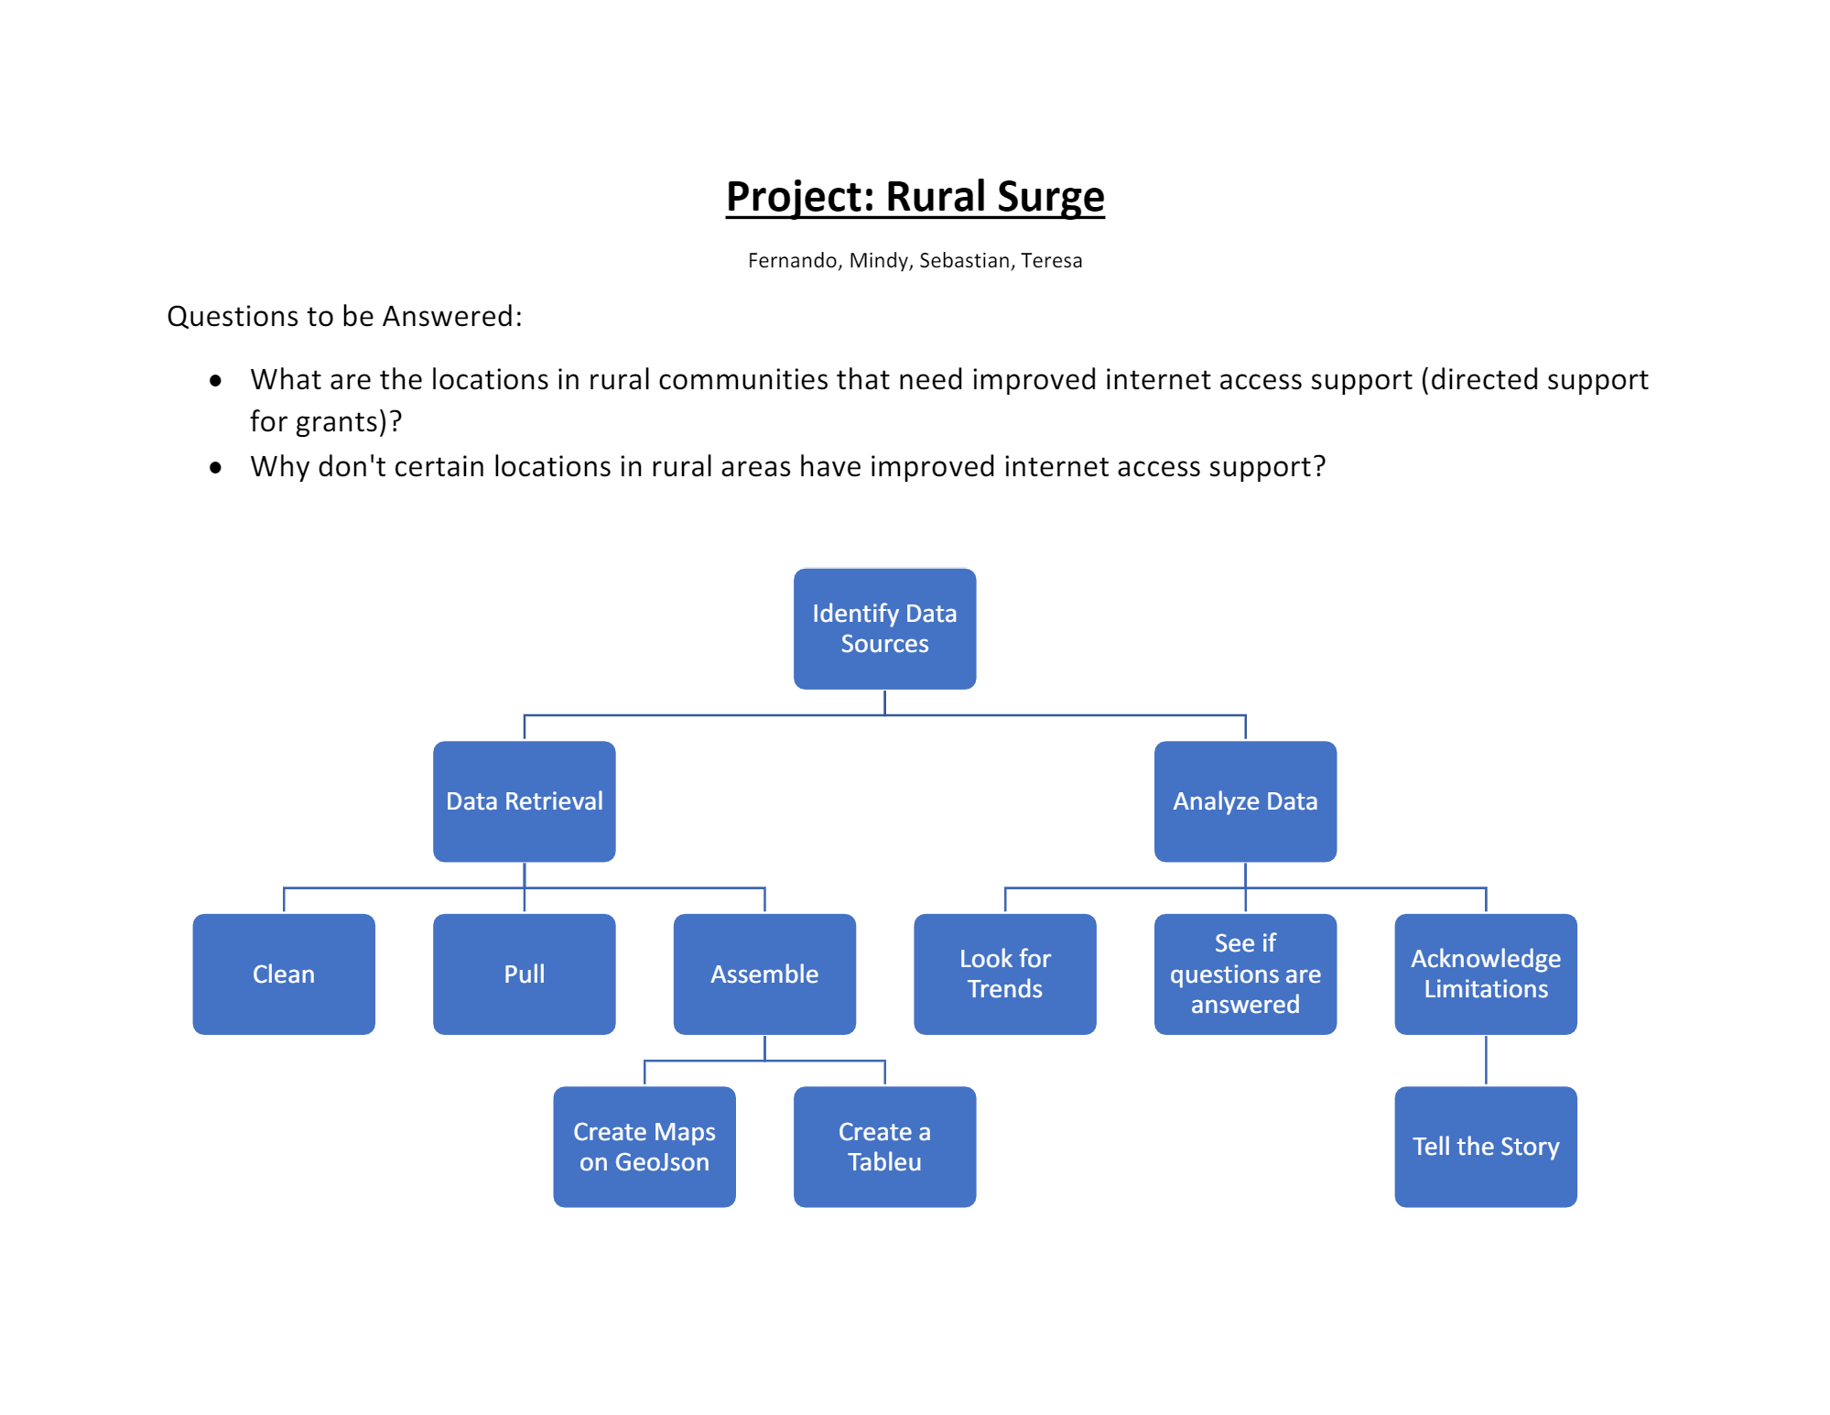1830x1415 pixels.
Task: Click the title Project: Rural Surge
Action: point(915,197)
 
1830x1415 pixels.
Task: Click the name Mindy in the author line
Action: point(879,261)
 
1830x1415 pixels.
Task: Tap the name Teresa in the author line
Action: point(1051,261)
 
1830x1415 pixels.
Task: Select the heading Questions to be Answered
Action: point(344,317)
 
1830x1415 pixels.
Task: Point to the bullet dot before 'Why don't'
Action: point(216,468)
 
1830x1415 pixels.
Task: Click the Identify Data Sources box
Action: point(884,629)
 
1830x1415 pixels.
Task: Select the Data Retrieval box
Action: point(524,801)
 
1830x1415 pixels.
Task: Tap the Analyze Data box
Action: point(1245,801)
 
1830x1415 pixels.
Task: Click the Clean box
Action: point(284,974)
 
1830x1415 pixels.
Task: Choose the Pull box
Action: point(524,974)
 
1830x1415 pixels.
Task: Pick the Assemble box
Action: point(764,974)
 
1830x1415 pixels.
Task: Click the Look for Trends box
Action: point(1004,974)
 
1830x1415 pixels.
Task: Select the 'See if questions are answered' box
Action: point(1245,974)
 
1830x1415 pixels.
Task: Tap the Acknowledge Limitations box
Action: point(1485,974)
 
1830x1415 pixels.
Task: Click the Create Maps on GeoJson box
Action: point(644,1147)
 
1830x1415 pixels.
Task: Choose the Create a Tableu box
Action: point(884,1147)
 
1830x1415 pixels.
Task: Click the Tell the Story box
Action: point(1485,1147)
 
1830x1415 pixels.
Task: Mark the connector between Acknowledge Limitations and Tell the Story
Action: point(1486,1061)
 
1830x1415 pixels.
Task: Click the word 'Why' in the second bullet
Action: point(277,467)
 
